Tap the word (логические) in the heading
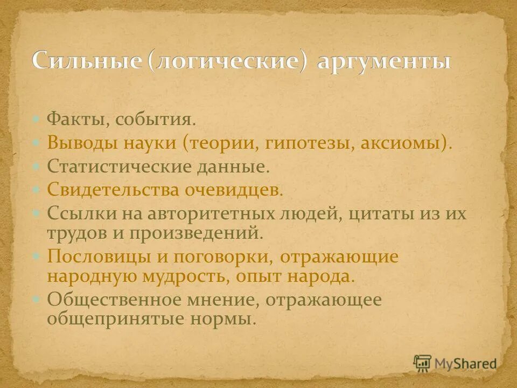pos(225,61)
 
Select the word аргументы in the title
pos(383,61)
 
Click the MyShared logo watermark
pos(455,364)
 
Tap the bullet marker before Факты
pos(36,119)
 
